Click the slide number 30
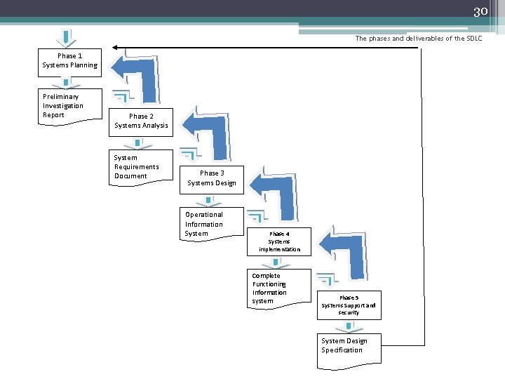[x=480, y=11]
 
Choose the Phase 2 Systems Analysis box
[x=141, y=121]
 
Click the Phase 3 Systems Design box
[x=212, y=178]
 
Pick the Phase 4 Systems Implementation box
[x=279, y=241]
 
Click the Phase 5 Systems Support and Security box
[x=349, y=305]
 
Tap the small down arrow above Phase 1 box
[x=66, y=37]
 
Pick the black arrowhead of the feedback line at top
[x=115, y=48]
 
